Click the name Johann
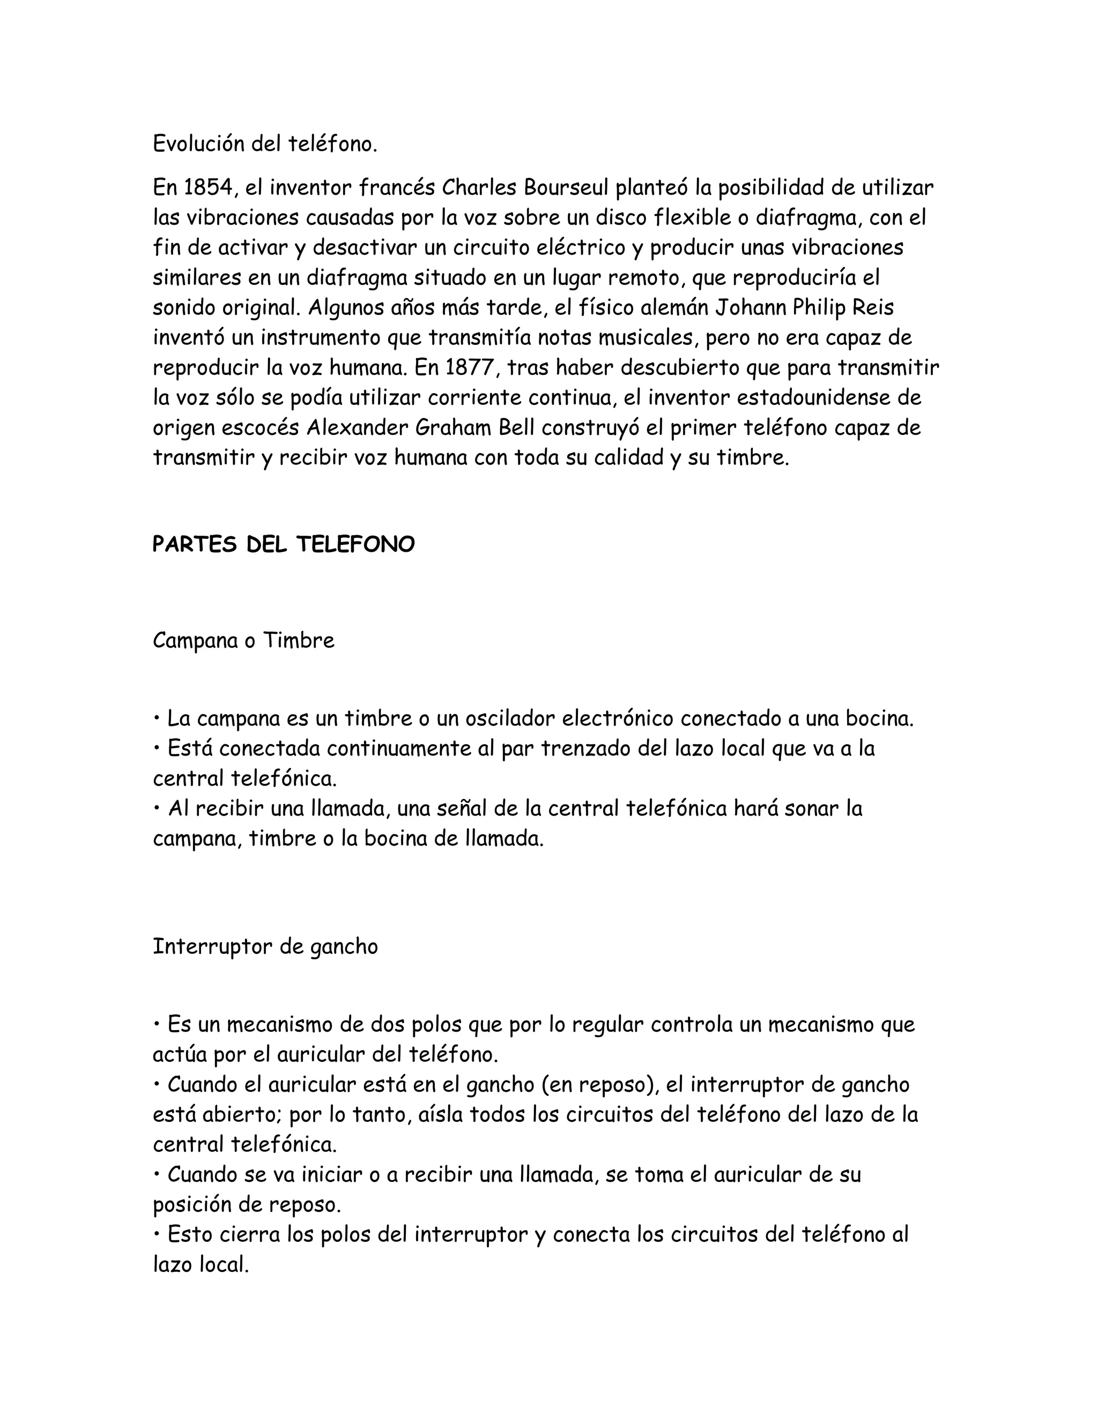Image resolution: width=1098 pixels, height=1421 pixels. coord(751,308)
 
